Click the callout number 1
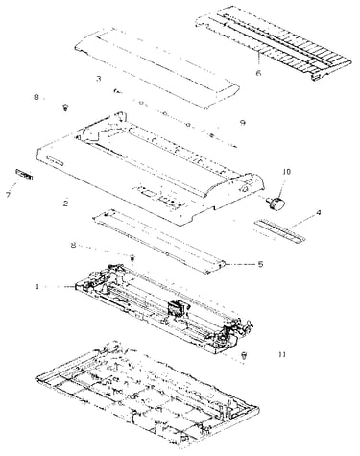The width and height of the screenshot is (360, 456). pyautogui.click(x=37, y=286)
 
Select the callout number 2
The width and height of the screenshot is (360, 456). pyautogui.click(x=65, y=203)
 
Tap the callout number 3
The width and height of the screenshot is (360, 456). pyautogui.click(x=99, y=79)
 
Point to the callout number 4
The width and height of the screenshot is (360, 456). pyautogui.click(x=318, y=212)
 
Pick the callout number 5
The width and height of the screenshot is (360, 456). pyautogui.click(x=260, y=264)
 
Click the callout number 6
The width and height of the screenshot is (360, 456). pyautogui.click(x=258, y=73)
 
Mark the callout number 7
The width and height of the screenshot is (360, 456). pyautogui.click(x=9, y=195)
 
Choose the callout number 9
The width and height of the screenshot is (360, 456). pyautogui.click(x=243, y=123)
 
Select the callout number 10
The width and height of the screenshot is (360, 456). pyautogui.click(x=287, y=172)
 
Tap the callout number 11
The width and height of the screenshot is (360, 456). pyautogui.click(x=282, y=354)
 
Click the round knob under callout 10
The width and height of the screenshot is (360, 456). pyautogui.click(x=276, y=204)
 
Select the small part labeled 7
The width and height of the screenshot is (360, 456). pyautogui.click(x=24, y=175)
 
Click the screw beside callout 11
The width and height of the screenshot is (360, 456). pyautogui.click(x=244, y=355)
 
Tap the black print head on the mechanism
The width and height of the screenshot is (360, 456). pyautogui.click(x=175, y=309)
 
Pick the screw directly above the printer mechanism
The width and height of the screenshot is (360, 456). pyautogui.click(x=132, y=257)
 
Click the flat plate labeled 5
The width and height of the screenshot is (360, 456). pyautogui.click(x=159, y=242)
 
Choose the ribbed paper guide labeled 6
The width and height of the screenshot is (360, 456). pyautogui.click(x=273, y=42)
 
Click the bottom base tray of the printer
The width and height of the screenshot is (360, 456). pyautogui.click(x=147, y=396)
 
